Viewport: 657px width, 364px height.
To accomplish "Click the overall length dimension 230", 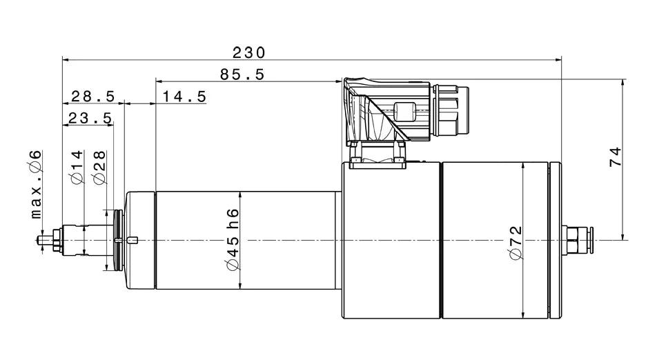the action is pyautogui.click(x=249, y=52).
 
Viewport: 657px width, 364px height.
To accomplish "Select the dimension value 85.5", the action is pyautogui.click(x=242, y=74).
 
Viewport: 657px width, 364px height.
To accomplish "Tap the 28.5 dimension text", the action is pyautogui.click(x=93, y=97).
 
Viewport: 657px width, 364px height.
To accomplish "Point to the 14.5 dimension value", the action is pyautogui.click(x=184, y=97).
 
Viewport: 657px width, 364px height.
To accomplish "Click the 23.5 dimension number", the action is pyautogui.click(x=90, y=119).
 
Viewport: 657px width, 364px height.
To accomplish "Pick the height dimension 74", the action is pyautogui.click(x=616, y=157).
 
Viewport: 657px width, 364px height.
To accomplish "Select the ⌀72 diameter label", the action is pyautogui.click(x=517, y=243).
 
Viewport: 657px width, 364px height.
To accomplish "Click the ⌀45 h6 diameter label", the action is pyautogui.click(x=233, y=240).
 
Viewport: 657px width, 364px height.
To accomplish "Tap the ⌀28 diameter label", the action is pyautogui.click(x=99, y=168).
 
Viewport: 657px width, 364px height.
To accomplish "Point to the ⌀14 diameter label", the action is pyautogui.click(x=77, y=168).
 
